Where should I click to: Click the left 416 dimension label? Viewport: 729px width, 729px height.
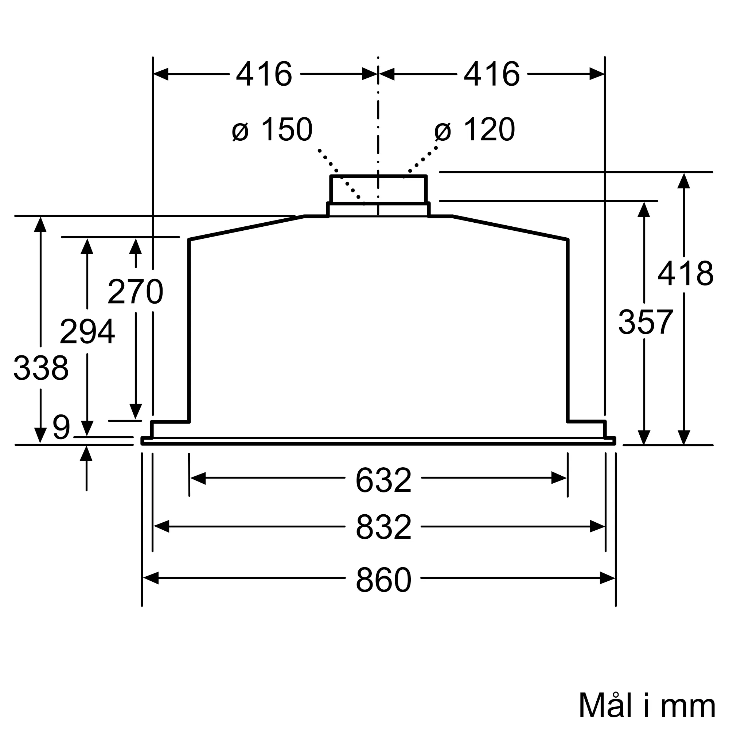tap(264, 74)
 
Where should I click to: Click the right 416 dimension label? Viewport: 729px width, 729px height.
tap(492, 74)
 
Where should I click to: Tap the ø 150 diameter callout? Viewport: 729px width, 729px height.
tap(272, 130)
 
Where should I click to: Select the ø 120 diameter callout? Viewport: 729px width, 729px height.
tap(475, 130)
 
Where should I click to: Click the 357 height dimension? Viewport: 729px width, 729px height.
tap(646, 322)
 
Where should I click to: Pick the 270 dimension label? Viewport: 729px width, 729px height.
tap(136, 292)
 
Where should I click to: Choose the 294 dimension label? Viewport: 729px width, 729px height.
tap(87, 332)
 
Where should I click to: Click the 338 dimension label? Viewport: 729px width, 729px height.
tap(41, 368)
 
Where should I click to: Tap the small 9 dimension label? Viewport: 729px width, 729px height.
tap(62, 428)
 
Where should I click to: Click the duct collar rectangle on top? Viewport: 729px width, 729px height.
tap(378, 190)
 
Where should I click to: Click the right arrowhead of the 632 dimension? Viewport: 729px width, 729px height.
tap(559, 478)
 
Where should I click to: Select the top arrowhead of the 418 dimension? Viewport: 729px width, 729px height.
tap(684, 181)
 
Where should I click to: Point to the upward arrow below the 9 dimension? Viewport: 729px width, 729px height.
tap(86, 453)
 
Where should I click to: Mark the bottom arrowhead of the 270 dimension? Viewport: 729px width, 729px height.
tap(136, 412)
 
